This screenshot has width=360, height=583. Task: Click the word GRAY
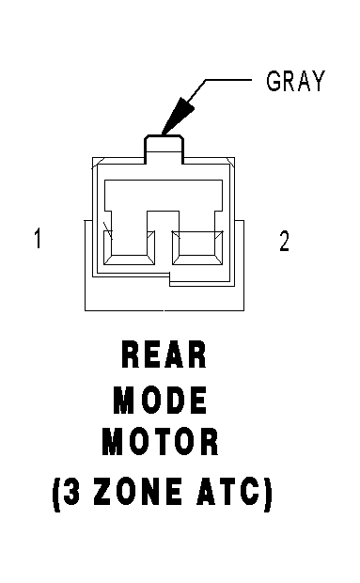coord(296,81)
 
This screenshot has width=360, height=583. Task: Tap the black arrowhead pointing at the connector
coord(178,116)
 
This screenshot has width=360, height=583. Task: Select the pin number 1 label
coord(38,238)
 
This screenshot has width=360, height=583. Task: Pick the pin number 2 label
coord(284,241)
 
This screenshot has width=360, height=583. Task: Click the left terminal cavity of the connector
coord(129,247)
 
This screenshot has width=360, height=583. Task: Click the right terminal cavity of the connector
coord(197,247)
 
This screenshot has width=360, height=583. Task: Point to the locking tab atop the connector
coord(164,150)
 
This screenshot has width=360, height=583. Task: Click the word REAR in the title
coord(164,355)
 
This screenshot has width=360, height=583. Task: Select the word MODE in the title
coord(160,400)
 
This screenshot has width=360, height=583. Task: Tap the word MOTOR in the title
coord(161,442)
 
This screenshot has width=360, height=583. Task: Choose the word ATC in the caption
coord(228,491)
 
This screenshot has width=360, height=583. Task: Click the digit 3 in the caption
coord(71,491)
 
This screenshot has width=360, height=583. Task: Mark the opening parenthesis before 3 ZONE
coord(56,494)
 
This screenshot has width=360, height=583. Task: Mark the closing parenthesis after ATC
coord(268,494)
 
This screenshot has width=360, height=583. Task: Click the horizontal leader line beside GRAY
coord(227,80)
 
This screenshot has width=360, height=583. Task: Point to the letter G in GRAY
coord(274,81)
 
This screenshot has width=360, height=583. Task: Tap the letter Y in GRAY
coord(319,81)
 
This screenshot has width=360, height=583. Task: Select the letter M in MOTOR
coord(112,442)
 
